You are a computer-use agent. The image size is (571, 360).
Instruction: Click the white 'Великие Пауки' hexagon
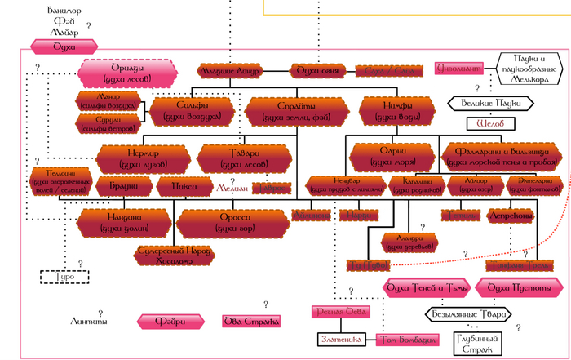click(489, 103)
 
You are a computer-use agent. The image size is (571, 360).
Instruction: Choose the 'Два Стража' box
click(252, 322)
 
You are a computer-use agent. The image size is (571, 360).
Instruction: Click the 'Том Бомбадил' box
click(403, 339)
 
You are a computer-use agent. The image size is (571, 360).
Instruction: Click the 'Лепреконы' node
click(511, 216)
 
